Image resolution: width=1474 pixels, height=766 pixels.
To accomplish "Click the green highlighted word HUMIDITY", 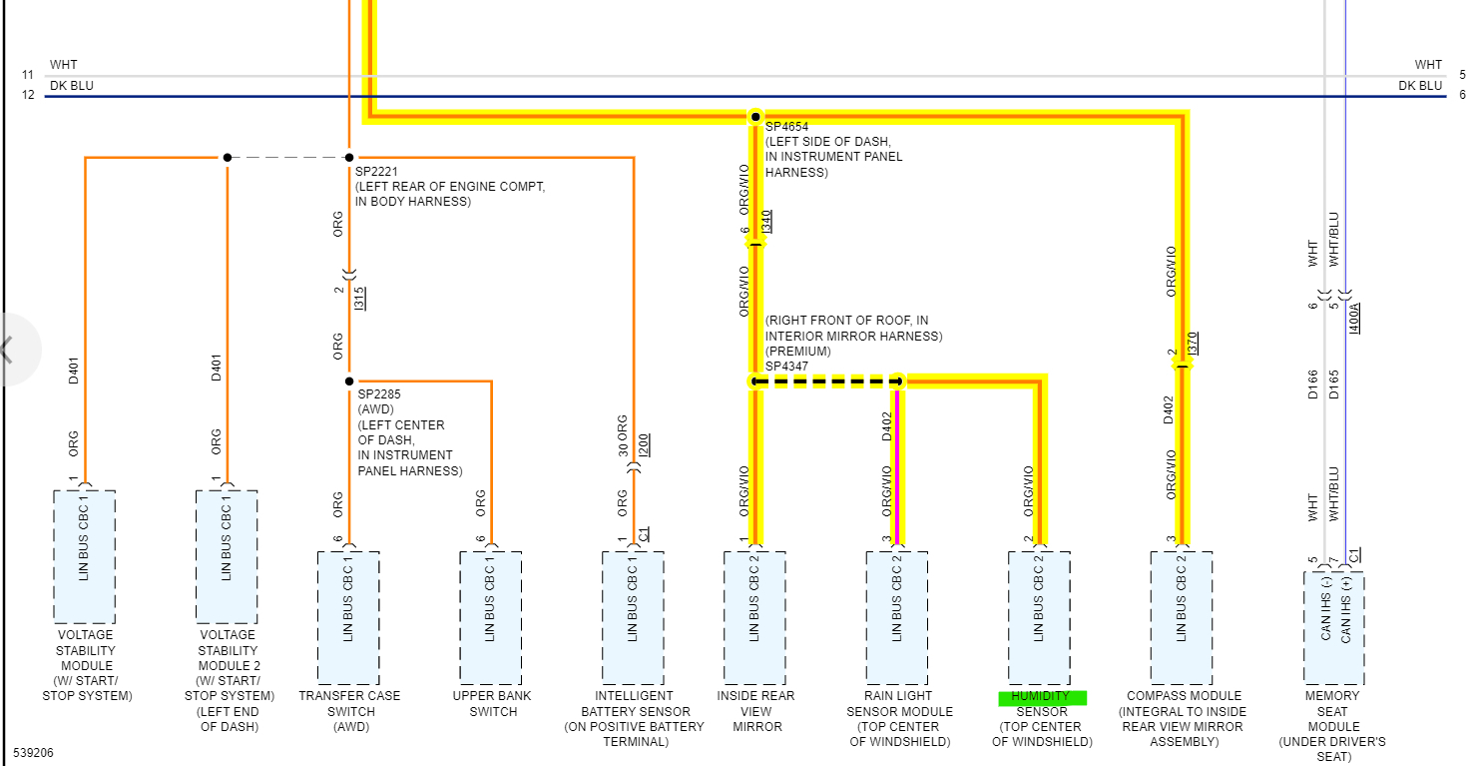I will (1041, 697).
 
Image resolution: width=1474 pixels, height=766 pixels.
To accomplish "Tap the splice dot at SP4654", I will (755, 117).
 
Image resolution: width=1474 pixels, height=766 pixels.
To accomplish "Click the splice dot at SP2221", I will (349, 157).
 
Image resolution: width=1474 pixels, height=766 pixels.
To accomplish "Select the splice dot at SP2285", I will (348, 381).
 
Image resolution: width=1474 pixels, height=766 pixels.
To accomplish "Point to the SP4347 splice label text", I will (786, 367).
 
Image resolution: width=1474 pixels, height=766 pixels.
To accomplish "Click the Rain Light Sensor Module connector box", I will (896, 617).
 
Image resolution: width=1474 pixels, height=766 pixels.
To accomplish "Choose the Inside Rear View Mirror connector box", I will (754, 617).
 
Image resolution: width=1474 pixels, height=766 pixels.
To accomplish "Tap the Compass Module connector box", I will (1182, 617).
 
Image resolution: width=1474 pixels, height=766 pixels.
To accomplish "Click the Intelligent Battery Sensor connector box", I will (633, 617).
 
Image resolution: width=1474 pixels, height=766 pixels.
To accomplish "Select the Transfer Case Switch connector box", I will (348, 617).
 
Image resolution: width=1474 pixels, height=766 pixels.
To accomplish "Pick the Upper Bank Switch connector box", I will (490, 617).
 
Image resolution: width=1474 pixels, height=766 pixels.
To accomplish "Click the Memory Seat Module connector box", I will (1334, 627).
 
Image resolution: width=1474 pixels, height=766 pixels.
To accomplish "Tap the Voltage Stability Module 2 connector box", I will (227, 556).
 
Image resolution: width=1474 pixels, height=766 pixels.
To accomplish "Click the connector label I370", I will (1193, 344).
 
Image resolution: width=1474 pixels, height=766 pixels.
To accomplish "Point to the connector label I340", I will (766, 221).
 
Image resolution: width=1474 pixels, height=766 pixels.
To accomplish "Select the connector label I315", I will (359, 297).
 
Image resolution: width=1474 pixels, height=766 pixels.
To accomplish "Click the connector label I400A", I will (1354, 318).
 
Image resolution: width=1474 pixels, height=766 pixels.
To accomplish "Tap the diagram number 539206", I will (35, 751).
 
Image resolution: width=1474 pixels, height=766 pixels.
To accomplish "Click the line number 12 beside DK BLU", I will (28, 95).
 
